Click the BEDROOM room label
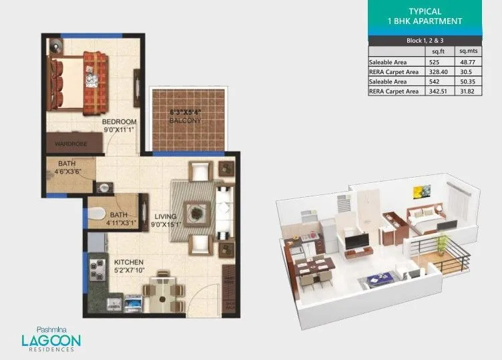point(119,122)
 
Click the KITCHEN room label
point(128,262)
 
